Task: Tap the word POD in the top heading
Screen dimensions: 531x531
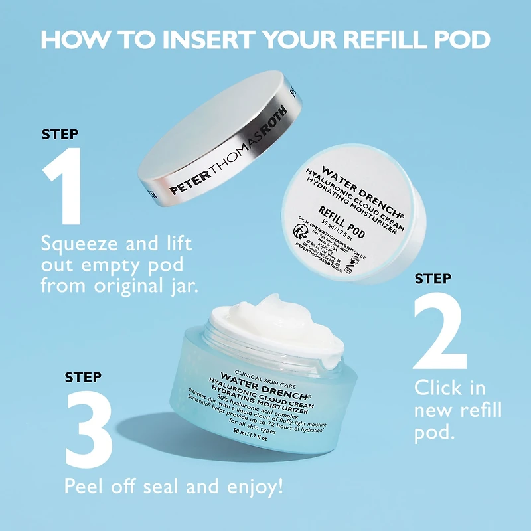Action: pos(458,39)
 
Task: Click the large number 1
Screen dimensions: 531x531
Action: pos(64,185)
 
